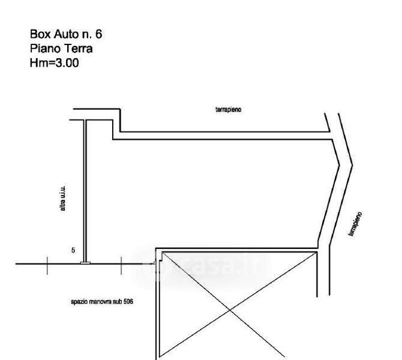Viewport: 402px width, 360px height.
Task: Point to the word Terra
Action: click(76, 48)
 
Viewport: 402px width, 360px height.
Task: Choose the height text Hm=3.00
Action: click(54, 62)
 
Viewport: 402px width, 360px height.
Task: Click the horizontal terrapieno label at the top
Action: click(227, 110)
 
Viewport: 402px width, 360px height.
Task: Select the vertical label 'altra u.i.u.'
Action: click(63, 202)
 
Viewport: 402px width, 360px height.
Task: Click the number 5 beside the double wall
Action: click(73, 250)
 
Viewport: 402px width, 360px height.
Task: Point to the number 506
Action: click(127, 302)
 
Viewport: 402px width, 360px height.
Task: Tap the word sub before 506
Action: click(117, 302)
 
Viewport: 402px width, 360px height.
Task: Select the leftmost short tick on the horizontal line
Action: click(47, 264)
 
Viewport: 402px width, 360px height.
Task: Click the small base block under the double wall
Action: click(85, 263)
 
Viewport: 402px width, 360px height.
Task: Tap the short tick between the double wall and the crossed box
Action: click(122, 264)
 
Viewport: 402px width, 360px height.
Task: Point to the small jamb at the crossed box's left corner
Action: click(156, 262)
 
